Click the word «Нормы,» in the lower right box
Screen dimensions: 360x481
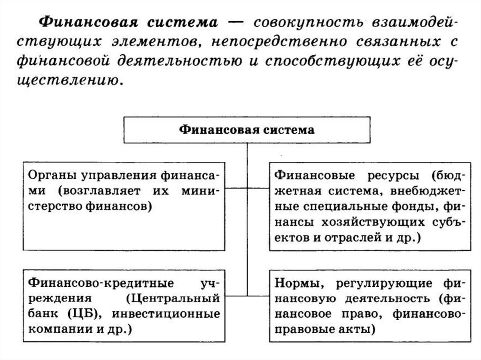tap(296, 283)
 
